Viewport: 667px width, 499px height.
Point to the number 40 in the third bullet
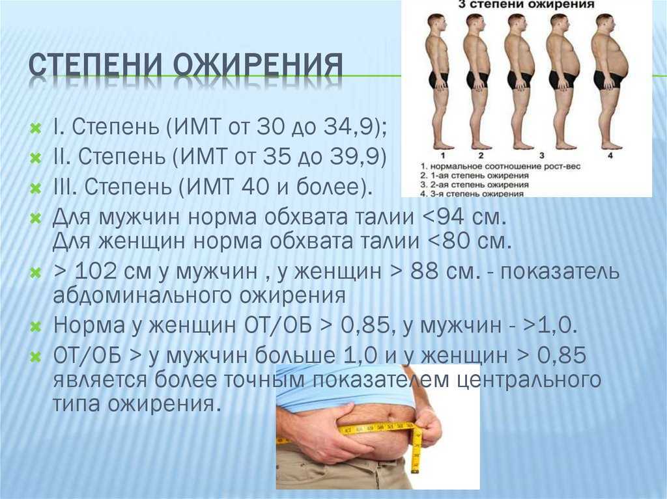253,186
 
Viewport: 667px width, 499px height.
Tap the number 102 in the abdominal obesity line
95,271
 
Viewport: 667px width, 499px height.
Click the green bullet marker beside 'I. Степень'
36,128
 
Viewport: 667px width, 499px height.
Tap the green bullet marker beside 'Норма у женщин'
36,327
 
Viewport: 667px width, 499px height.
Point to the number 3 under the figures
542,155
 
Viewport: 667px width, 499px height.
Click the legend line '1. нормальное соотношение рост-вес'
500,166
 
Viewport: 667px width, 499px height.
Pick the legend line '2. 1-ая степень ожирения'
474,175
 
